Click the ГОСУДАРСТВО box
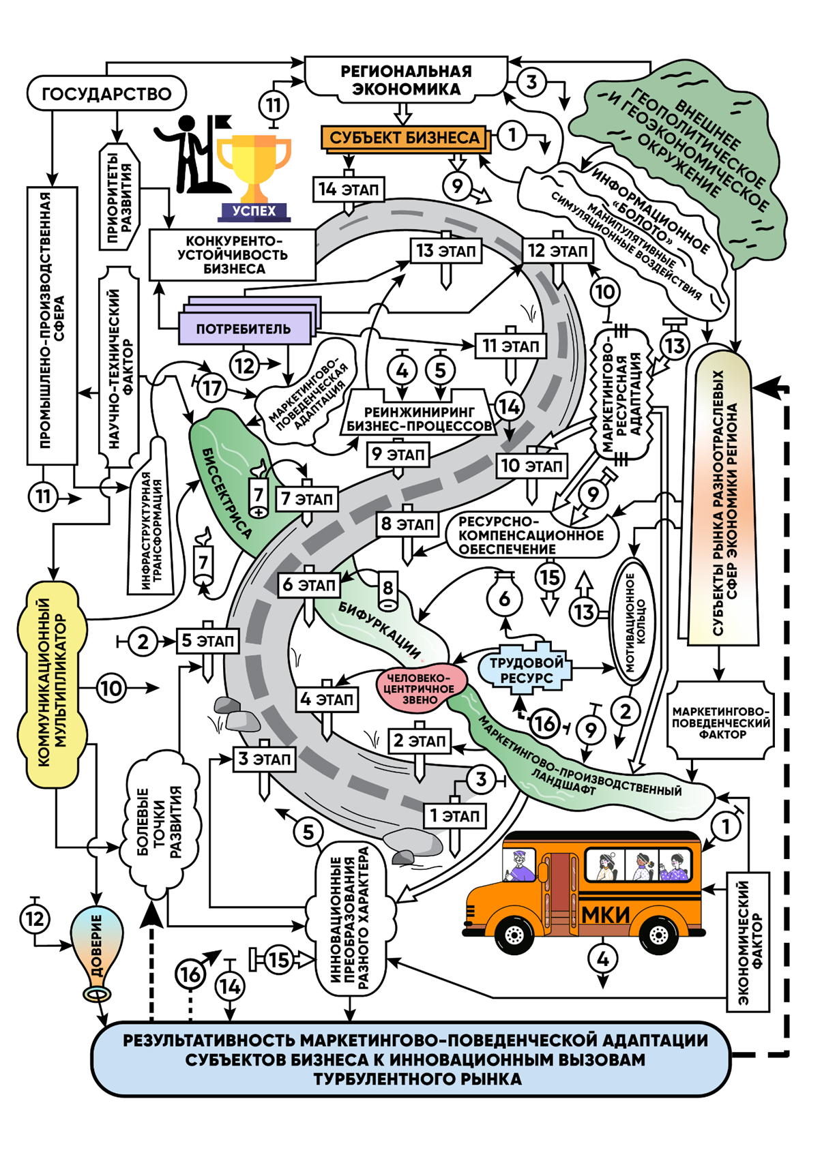tap(106, 93)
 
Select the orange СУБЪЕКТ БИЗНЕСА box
tap(405, 138)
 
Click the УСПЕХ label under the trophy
tap(254, 211)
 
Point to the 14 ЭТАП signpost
tap(348, 190)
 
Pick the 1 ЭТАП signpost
tap(454, 816)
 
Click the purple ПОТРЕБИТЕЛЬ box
tap(244, 329)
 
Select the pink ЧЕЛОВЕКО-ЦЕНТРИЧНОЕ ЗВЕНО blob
tap(421, 689)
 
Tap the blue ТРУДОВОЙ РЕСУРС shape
tap(526, 669)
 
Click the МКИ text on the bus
tap(606, 914)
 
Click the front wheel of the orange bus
tap(514, 935)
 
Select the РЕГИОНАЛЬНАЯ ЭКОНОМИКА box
tap(406, 80)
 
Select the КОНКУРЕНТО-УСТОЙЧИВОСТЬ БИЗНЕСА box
tap(232, 255)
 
